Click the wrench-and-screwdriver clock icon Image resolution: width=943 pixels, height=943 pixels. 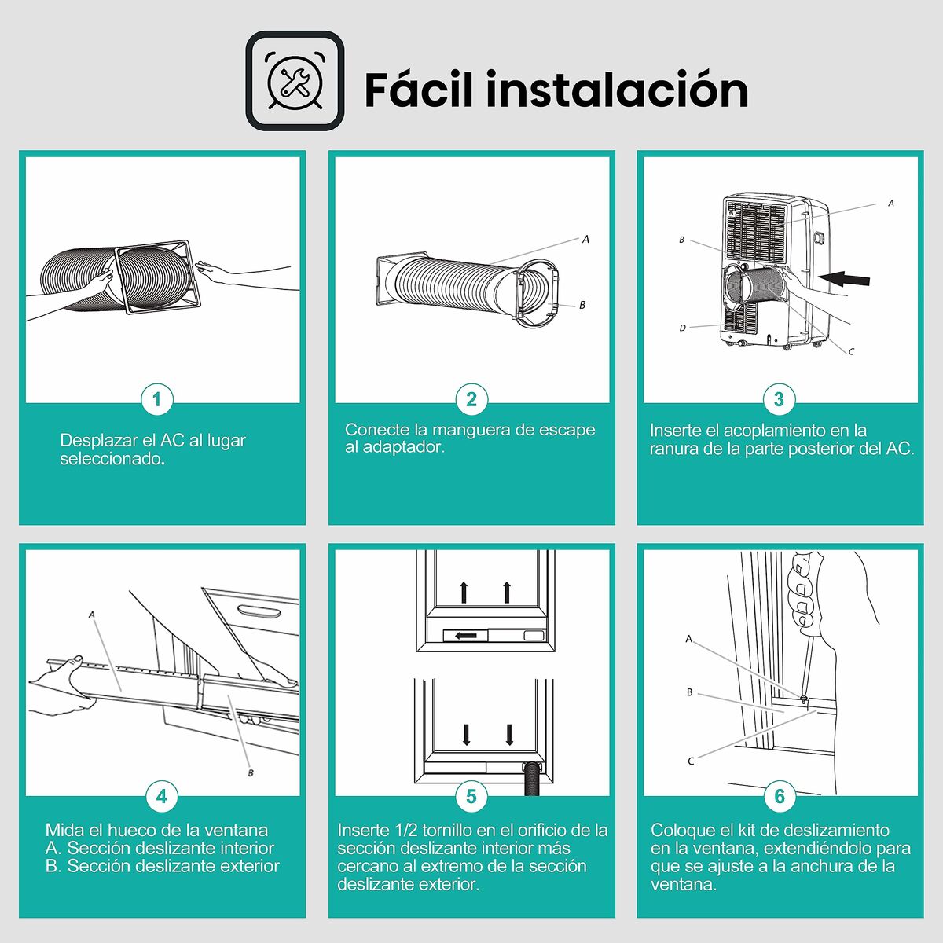point(295,81)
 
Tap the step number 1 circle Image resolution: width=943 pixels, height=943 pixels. point(157,399)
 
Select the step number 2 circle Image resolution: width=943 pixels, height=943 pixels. point(471,399)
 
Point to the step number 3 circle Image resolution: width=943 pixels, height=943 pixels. point(779,399)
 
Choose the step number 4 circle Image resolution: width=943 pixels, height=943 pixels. point(161,796)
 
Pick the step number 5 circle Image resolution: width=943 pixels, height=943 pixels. point(471,796)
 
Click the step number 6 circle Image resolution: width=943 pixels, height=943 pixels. point(780,796)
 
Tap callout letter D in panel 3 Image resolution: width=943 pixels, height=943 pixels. point(682,328)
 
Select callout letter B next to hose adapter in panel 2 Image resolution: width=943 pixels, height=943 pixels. point(582,305)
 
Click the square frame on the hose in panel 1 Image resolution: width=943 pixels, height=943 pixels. point(156,277)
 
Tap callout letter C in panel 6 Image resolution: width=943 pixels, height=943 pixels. point(691,761)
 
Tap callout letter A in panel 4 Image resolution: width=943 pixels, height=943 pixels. point(92,615)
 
